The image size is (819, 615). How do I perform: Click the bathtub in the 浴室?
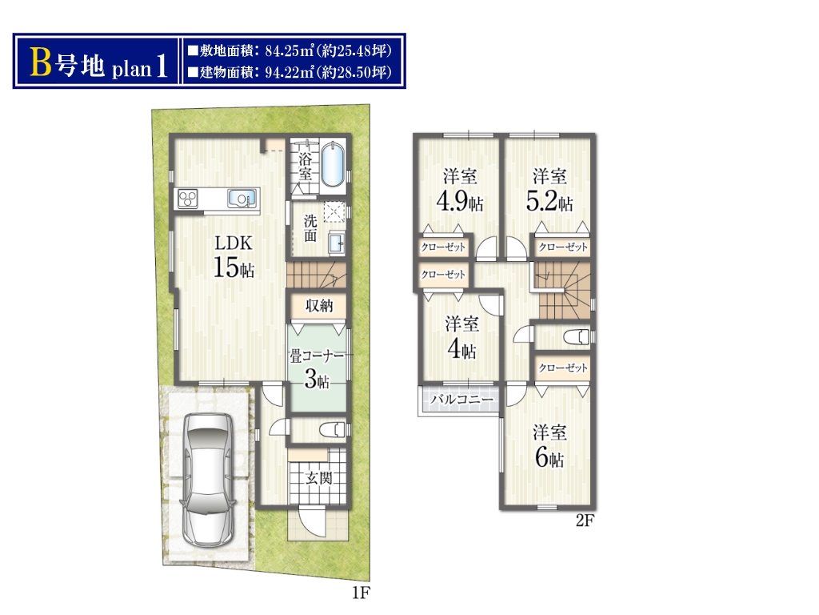[332, 165]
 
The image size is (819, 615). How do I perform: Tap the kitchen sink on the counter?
[242, 199]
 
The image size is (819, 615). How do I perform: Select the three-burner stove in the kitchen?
[188, 199]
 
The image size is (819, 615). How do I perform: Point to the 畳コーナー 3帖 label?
[317, 369]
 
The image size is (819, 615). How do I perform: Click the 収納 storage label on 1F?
[318, 305]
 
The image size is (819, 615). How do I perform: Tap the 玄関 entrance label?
[318, 477]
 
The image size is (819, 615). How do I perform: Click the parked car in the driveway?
[207, 480]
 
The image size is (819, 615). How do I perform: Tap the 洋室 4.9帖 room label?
[460, 189]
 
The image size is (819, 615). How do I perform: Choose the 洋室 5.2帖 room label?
[549, 189]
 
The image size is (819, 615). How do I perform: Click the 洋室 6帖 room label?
[549, 446]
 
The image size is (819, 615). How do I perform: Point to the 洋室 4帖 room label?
[461, 337]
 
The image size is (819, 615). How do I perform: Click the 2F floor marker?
[585, 521]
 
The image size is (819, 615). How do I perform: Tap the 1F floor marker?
[361, 593]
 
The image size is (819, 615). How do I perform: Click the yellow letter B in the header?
[41, 62]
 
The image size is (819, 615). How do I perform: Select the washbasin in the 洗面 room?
[337, 243]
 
